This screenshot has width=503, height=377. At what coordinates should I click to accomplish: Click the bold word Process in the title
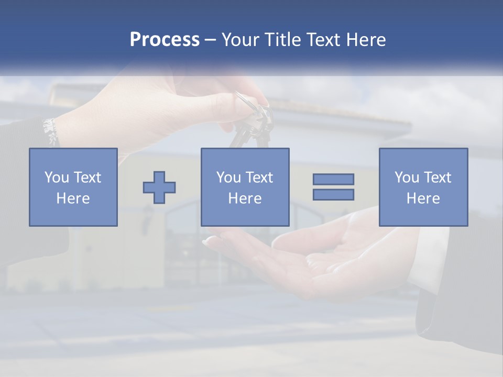point(165,40)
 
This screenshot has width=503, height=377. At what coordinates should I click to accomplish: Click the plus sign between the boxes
point(159,187)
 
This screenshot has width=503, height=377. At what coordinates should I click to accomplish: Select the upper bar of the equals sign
point(333,179)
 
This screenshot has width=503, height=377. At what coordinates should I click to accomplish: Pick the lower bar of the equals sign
point(333,194)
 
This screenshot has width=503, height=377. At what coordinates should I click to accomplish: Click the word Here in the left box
point(73,198)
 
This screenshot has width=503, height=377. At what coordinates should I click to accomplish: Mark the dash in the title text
point(211,40)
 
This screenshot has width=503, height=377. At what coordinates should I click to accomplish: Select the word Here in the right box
point(423,198)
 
